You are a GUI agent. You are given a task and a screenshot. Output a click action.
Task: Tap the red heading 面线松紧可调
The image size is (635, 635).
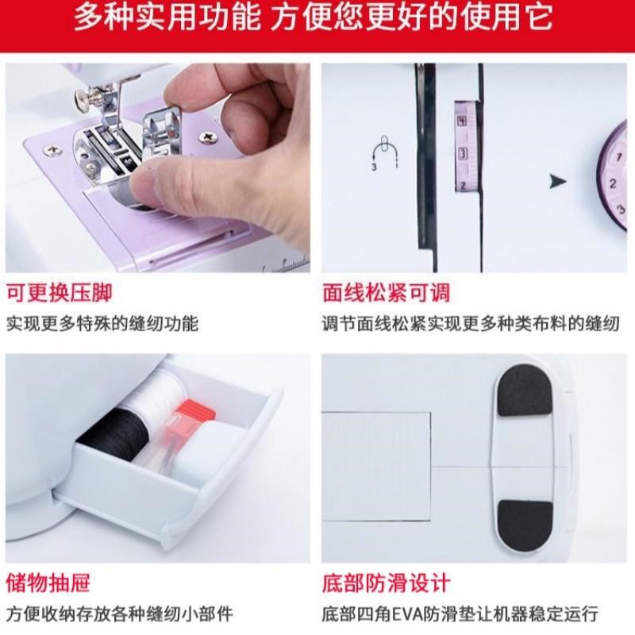click(x=387, y=292)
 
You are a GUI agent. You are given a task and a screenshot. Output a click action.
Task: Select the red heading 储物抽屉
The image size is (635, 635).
click(x=48, y=583)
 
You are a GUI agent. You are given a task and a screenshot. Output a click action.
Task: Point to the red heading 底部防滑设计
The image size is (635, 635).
click(x=387, y=583)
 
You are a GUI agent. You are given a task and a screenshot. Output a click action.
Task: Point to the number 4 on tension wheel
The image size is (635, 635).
click(x=461, y=121)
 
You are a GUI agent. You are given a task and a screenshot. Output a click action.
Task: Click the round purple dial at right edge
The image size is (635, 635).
click(x=615, y=179)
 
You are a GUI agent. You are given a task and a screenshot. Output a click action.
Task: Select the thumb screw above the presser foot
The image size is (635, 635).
click(x=82, y=97)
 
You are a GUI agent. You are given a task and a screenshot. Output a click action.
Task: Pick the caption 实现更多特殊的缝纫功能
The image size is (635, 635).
click(x=102, y=323)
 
